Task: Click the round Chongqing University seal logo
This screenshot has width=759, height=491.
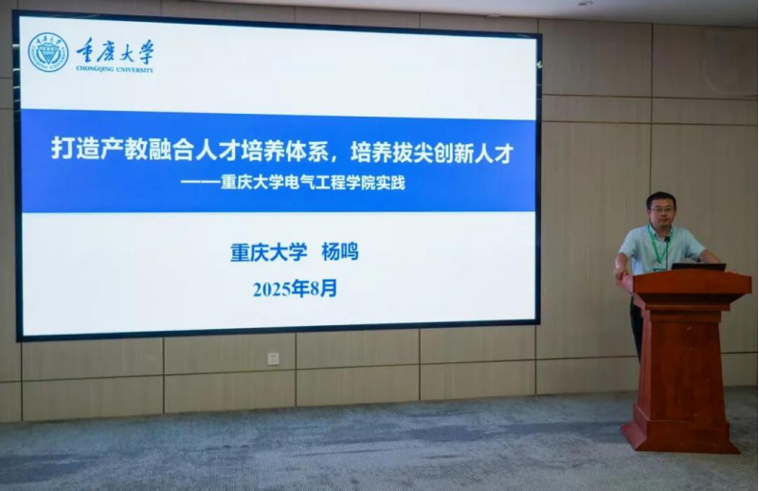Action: coord(48,52)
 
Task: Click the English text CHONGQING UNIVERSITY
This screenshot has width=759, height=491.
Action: coord(115,69)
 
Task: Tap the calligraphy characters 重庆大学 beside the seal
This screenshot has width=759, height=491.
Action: coord(116,51)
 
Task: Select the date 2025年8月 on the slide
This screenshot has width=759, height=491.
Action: coord(295,289)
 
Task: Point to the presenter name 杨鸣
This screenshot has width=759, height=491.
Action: coord(340,252)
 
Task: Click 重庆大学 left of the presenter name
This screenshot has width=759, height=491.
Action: coord(269,252)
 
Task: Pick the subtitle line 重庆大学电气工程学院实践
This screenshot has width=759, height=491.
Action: coord(313,183)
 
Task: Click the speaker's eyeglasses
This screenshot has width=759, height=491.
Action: coord(660,209)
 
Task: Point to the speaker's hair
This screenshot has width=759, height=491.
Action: coord(660,198)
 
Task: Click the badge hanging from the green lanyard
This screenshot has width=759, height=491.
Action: coord(659,267)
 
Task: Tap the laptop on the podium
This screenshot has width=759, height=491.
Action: coord(698,266)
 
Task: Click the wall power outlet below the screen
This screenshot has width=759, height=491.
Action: coord(273,359)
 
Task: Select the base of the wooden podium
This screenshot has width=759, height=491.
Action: coord(680,435)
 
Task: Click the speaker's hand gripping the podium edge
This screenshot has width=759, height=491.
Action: coord(621,273)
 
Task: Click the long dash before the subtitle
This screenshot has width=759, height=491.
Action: coord(200,184)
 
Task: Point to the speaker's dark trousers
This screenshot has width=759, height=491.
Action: coord(636,330)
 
